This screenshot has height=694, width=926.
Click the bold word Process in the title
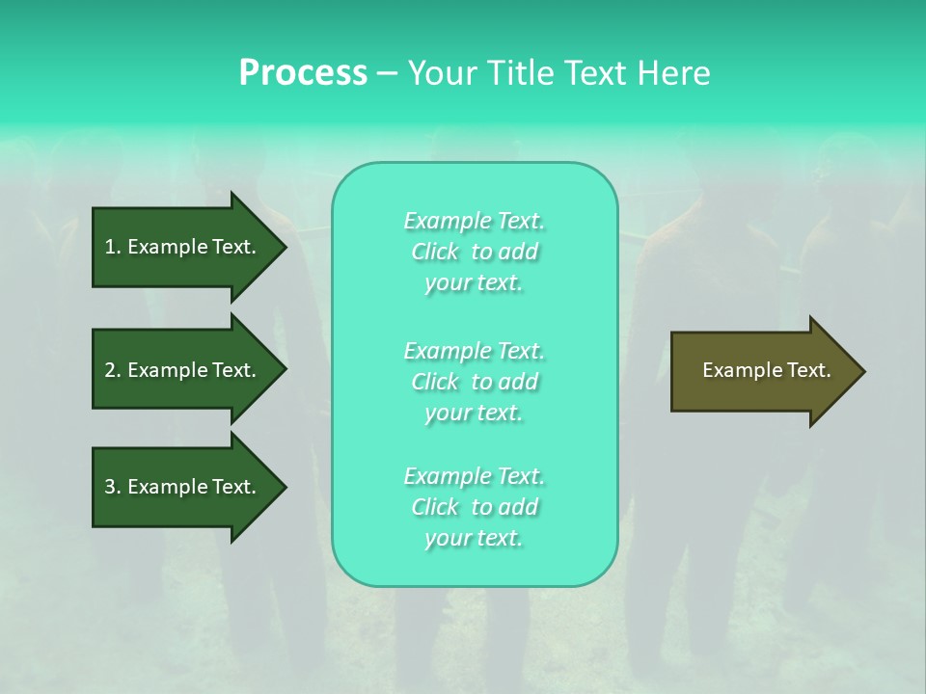[x=303, y=73]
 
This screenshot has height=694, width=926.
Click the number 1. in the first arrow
[x=113, y=247]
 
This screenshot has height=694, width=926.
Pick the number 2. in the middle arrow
[x=113, y=370]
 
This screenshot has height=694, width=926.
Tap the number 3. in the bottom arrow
[x=113, y=487]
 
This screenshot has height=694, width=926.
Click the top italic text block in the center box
[x=474, y=252]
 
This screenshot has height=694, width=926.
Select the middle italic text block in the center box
[x=474, y=382]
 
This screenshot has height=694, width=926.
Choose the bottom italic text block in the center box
[x=474, y=507]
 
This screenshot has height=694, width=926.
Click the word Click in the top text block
[x=435, y=252]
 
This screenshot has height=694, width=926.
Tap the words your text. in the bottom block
[x=474, y=539]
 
